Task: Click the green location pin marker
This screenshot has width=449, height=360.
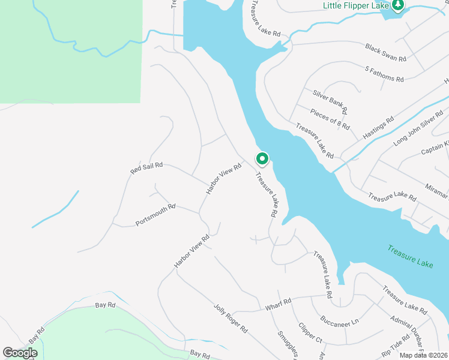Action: click(262, 159)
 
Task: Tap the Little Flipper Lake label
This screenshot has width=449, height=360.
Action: click(357, 5)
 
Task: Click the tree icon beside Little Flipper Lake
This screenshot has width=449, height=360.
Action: click(398, 5)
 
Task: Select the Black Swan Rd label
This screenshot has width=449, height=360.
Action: click(386, 52)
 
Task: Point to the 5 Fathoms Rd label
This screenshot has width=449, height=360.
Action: click(384, 74)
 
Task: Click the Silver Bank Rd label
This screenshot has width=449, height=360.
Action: click(330, 102)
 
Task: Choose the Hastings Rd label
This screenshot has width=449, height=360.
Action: click(378, 128)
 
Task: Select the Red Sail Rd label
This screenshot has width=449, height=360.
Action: click(146, 168)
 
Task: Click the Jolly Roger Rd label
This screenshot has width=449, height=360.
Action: click(231, 319)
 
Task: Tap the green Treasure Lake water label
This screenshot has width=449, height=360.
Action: click(410, 256)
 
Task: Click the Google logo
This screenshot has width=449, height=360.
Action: click(20, 353)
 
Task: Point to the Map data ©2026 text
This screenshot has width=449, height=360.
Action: click(424, 355)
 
